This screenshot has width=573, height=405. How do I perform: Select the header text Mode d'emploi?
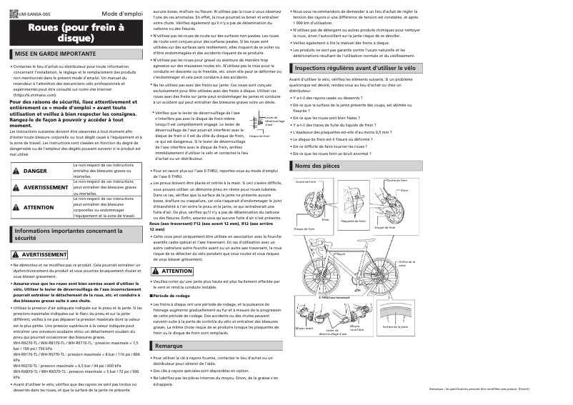coord(121,14)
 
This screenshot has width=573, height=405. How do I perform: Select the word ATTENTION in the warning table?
coord(39,207)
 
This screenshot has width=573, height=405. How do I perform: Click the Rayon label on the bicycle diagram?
coord(341,254)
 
